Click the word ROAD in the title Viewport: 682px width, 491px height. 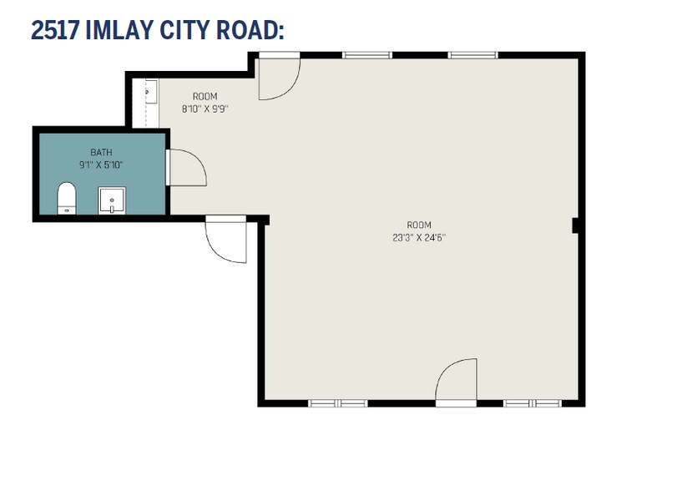(x=247, y=30)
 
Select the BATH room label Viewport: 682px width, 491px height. (x=101, y=152)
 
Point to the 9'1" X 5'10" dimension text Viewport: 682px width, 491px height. (x=101, y=165)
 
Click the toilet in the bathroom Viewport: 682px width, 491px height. (x=67, y=198)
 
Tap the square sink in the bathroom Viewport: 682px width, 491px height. (x=112, y=200)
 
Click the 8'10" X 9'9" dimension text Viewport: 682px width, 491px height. (x=205, y=109)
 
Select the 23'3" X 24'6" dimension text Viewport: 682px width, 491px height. (x=419, y=238)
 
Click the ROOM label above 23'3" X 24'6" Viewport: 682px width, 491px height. (x=419, y=225)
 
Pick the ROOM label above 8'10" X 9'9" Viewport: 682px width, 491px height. (x=205, y=96)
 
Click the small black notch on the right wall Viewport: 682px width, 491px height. (x=575, y=225)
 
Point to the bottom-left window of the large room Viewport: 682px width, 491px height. (x=338, y=403)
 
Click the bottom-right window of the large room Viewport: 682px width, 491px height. (x=533, y=403)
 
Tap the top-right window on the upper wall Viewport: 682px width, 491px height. (x=473, y=55)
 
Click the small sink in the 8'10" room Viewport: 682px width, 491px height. (x=150, y=92)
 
